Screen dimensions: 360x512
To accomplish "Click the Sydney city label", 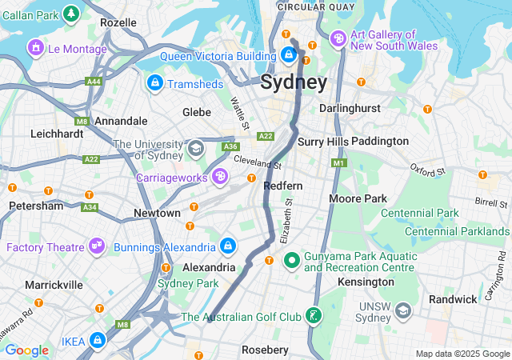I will (294, 83).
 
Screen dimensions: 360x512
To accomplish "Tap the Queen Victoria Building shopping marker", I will (288, 55).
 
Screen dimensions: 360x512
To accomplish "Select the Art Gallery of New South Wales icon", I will (338, 38).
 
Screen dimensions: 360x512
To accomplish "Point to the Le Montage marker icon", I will (35, 49).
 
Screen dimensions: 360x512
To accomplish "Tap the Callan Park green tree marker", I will (71, 14).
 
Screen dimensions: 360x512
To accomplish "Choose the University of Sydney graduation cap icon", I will (195, 148).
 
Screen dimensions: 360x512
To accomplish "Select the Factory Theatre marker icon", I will (98, 246).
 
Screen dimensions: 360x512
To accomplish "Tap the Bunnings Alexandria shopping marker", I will (228, 246).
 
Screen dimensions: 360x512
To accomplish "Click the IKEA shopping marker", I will (98, 341).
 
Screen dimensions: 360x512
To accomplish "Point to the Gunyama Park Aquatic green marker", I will (292, 259).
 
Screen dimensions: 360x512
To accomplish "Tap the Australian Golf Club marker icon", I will (314, 317).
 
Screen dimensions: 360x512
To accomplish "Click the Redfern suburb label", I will (283, 186).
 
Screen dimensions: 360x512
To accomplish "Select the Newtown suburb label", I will (157, 214).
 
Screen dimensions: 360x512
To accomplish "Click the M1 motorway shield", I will (338, 163).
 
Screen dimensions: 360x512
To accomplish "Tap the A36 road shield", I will (231, 146).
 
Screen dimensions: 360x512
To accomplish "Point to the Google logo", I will (26, 350).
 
